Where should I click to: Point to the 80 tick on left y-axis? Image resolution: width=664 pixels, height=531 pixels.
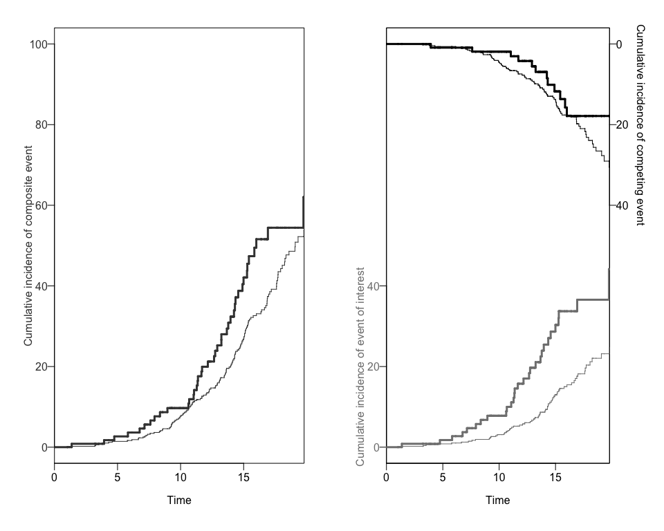[x=41, y=125]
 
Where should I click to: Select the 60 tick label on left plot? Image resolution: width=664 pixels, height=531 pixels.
[x=41, y=205]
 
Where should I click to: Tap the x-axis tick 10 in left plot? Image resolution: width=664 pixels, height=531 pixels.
[x=180, y=477]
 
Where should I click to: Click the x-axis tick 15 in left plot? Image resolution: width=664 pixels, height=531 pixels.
[x=243, y=477]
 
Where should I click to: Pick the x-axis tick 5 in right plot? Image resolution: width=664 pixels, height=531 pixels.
[x=443, y=477]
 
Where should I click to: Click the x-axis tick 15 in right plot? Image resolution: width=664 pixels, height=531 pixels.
[x=555, y=477]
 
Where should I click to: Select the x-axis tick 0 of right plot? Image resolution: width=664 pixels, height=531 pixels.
[x=386, y=477]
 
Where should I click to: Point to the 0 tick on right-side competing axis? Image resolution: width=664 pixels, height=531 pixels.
[x=619, y=44]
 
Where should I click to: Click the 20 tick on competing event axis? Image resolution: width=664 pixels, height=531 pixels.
[x=621, y=125]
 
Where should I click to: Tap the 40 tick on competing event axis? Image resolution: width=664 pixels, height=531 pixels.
[x=621, y=205]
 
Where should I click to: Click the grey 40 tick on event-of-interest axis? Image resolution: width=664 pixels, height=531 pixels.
[x=372, y=286]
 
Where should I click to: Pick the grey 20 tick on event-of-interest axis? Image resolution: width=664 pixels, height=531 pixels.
[x=372, y=366]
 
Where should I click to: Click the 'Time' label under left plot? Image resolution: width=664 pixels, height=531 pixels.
[x=179, y=500]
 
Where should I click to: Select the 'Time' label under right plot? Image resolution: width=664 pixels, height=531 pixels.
[x=497, y=500]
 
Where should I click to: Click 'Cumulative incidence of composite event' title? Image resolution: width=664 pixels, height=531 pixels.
[x=28, y=245]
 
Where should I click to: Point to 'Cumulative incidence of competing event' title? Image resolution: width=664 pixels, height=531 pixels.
[x=640, y=124]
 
